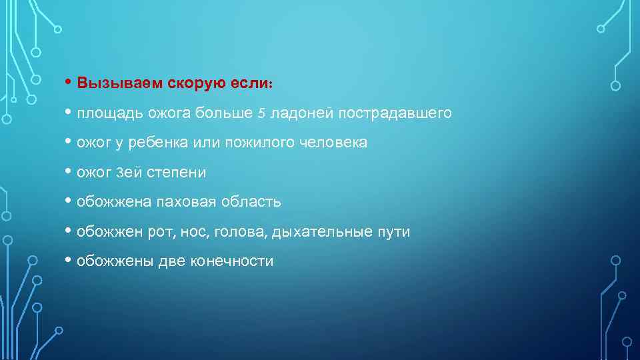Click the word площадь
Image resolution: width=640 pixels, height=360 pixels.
[x=107, y=113]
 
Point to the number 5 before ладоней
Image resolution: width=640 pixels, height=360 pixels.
[x=261, y=113]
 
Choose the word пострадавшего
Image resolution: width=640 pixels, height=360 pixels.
[x=394, y=113]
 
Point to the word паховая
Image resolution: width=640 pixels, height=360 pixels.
[x=181, y=202]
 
